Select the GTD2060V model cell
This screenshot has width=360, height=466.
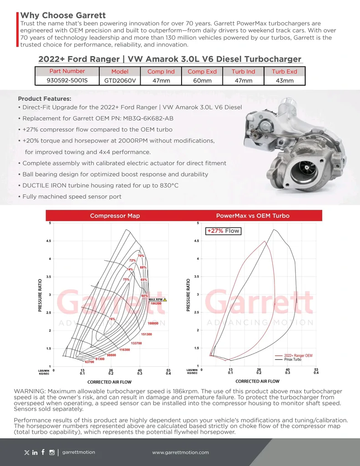[x=120, y=81]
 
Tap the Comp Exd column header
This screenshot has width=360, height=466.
[x=202, y=71]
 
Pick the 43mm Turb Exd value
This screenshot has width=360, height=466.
[x=284, y=81]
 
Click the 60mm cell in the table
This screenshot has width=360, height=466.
[x=202, y=81]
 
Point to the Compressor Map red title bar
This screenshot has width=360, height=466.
[x=115, y=216]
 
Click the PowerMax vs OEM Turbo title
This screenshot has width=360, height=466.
[x=253, y=216]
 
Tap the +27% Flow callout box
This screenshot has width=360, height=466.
[x=223, y=231]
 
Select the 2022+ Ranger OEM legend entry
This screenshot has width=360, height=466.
[x=298, y=355]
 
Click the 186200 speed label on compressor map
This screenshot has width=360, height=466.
[x=156, y=303]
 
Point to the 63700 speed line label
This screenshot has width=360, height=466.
[x=89, y=362]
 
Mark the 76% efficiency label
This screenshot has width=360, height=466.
[x=112, y=319]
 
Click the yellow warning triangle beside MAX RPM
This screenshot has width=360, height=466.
[x=165, y=299]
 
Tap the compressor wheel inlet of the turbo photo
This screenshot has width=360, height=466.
[x=304, y=171]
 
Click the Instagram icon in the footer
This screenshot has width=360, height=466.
[x=52, y=452]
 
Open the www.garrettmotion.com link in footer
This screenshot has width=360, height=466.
[x=180, y=452]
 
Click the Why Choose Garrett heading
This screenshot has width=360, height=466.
[x=63, y=15]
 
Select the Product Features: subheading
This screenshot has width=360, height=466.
[x=44, y=99]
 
